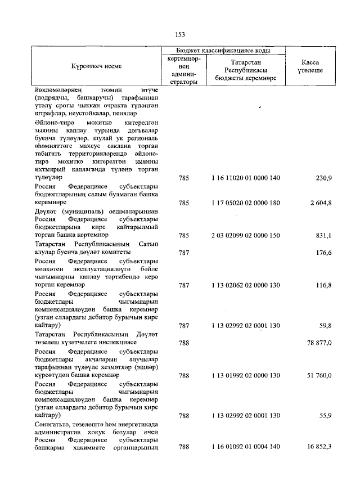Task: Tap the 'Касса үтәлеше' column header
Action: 309,67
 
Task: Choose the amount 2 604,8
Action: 319,203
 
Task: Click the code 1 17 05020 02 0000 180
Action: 246,203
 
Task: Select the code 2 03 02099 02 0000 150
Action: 246,235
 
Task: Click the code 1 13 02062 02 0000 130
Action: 246,285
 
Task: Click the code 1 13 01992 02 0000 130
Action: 246,375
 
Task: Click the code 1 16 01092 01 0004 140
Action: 246,448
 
